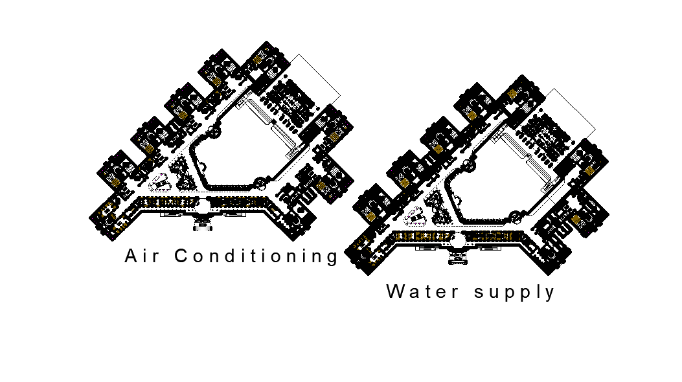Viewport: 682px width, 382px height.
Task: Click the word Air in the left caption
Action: coord(141,256)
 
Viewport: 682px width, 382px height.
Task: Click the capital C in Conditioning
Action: coord(181,256)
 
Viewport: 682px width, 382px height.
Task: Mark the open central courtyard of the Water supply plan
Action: coord(499,185)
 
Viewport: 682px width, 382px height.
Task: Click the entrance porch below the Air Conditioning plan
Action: coord(203,225)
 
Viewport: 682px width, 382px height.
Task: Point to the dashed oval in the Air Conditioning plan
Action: coord(160,184)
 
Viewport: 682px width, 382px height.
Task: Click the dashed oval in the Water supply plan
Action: coord(416,218)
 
